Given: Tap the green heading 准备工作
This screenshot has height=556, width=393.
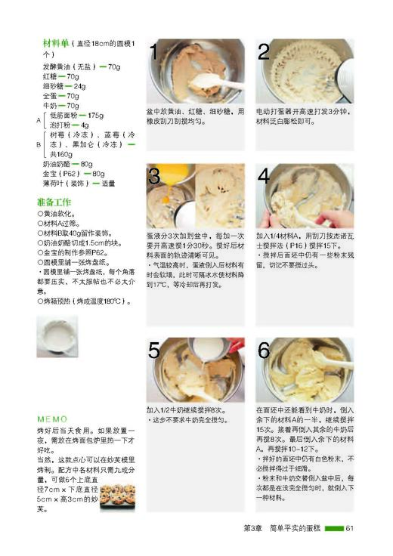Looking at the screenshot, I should (x=54, y=202).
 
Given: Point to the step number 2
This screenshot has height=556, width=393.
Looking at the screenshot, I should (x=264, y=52).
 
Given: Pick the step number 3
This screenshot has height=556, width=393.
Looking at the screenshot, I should (x=154, y=177).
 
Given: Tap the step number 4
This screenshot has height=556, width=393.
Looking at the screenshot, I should (x=264, y=177).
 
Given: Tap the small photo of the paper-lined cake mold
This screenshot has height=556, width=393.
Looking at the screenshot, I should (x=57, y=336).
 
